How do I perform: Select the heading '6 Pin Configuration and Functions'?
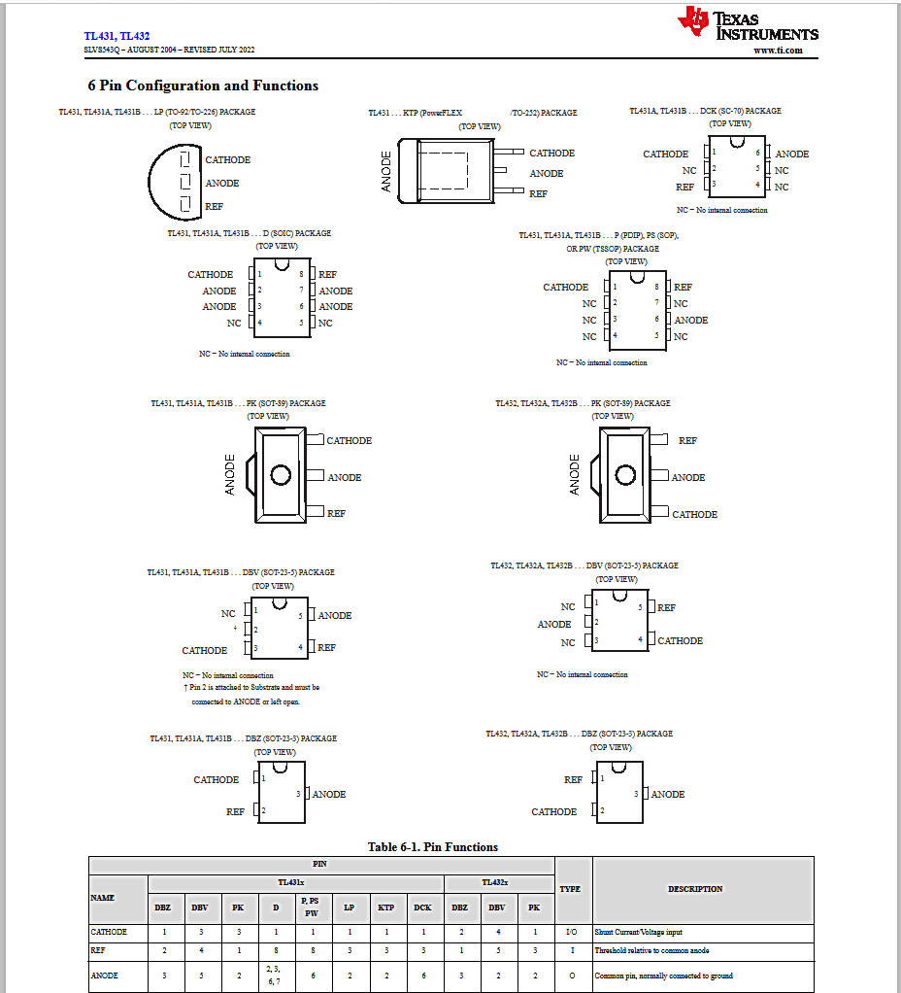coord(203,86)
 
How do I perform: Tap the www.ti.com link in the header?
coord(778,51)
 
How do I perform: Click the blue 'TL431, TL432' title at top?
coord(117,36)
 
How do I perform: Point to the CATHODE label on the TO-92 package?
coord(227,160)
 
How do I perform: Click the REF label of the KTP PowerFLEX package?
coord(538,193)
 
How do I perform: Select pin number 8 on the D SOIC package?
coord(301,275)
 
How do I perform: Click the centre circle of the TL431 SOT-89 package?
coord(281,475)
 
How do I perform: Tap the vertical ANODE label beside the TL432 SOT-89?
coord(575,475)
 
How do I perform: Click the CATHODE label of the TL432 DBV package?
coord(680,640)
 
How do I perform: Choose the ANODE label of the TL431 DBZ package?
coord(328,794)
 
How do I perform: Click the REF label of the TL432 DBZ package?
coord(573,779)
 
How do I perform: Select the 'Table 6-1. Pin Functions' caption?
coord(432,847)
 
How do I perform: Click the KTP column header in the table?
coord(385,907)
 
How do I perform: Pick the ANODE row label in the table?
coord(105,976)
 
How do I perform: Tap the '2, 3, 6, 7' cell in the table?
coord(275,976)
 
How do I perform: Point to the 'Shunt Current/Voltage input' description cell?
coord(638,932)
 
